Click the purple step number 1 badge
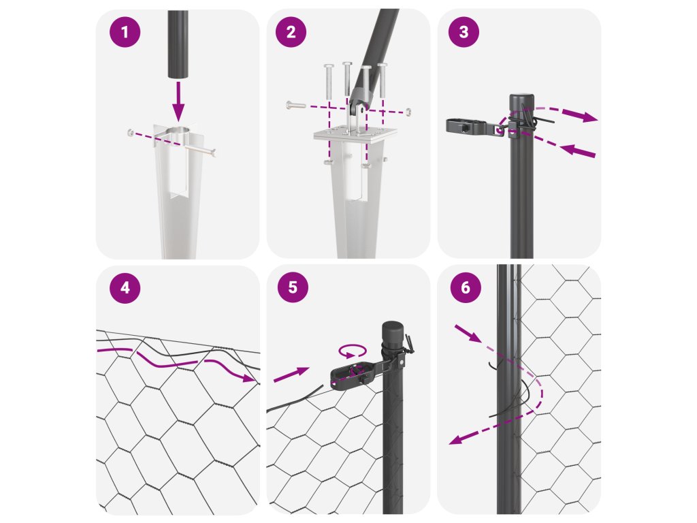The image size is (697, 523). click(125, 32)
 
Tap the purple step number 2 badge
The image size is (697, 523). click(291, 31)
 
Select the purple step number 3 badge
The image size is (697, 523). click(464, 31)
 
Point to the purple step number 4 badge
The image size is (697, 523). click(125, 288)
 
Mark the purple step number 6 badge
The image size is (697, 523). click(466, 287)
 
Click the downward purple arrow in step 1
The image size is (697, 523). click(178, 101)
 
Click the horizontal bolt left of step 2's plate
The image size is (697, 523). click(296, 106)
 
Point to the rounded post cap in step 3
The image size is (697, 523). click(521, 101)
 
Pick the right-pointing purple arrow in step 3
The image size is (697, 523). click(580, 115)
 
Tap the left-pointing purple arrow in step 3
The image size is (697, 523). click(577, 150)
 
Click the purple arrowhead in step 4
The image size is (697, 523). click(249, 377)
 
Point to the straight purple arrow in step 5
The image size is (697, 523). click(291, 375)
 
